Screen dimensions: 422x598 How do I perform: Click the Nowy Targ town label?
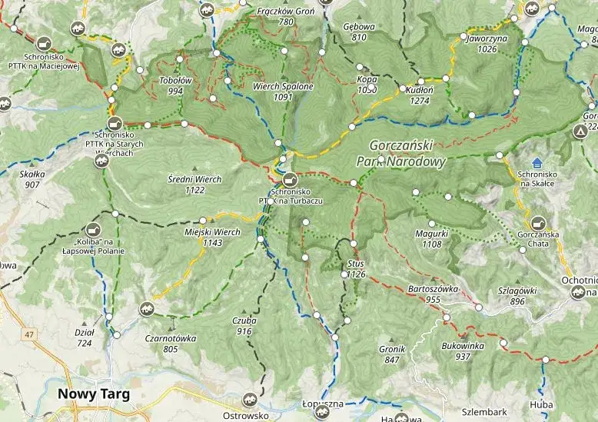click(x=93, y=394)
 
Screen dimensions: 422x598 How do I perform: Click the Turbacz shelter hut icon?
click(x=277, y=181)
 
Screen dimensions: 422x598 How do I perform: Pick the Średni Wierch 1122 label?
click(x=194, y=184)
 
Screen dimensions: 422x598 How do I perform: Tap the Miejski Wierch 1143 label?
click(x=212, y=237)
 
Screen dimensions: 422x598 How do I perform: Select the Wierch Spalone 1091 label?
click(x=283, y=91)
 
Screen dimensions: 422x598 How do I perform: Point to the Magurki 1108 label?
click(x=431, y=238)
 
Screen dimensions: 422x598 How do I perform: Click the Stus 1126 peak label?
click(x=355, y=268)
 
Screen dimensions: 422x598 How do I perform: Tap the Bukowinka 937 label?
click(x=462, y=351)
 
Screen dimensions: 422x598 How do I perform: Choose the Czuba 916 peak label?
click(x=244, y=325)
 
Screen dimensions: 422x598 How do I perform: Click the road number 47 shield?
click(x=29, y=334)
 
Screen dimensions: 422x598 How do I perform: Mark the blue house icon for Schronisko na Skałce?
click(x=537, y=162)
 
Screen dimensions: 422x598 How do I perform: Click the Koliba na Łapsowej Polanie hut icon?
click(x=94, y=229)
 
